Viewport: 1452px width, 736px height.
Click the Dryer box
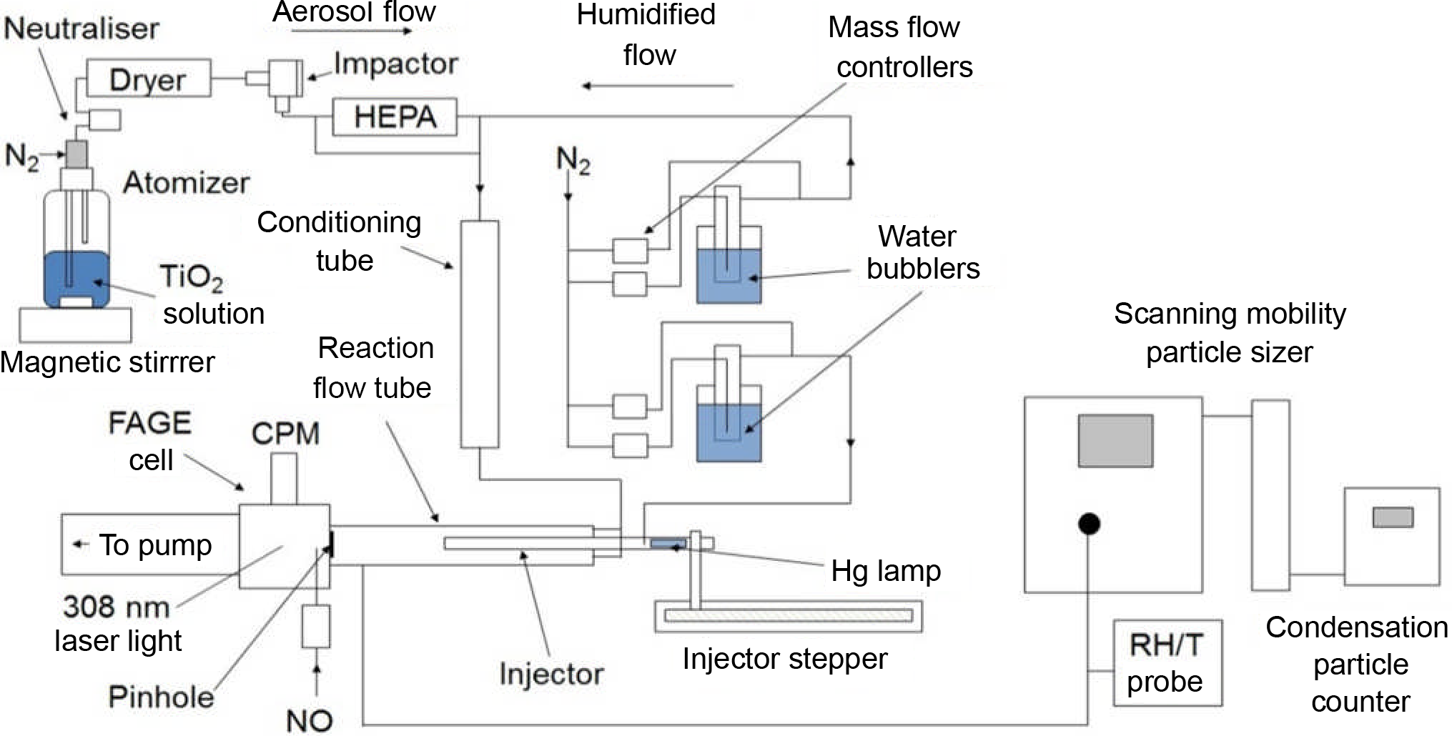(149, 79)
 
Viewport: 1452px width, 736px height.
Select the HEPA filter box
(395, 117)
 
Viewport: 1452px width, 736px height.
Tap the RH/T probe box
(1167, 663)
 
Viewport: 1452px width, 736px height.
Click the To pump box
(149, 544)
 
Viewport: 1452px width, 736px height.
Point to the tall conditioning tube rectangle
(479, 334)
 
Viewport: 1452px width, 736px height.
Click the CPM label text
(285, 434)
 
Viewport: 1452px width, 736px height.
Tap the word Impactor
(395, 64)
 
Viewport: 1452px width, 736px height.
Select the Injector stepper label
(785, 659)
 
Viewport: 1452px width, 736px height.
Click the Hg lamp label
(886, 571)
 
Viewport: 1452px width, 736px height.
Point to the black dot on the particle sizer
(1088, 524)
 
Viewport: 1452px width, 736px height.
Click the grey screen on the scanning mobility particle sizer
(1115, 441)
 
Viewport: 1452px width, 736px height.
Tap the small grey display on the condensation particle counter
(1393, 517)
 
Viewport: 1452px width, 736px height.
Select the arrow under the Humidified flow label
(658, 86)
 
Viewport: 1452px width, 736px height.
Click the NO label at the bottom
(310, 721)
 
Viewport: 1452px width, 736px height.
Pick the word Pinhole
(161, 697)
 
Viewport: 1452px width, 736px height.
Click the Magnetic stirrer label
(107, 362)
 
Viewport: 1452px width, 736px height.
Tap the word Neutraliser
(82, 29)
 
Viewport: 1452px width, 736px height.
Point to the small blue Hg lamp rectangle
(668, 544)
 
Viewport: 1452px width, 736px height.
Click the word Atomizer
(187, 183)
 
